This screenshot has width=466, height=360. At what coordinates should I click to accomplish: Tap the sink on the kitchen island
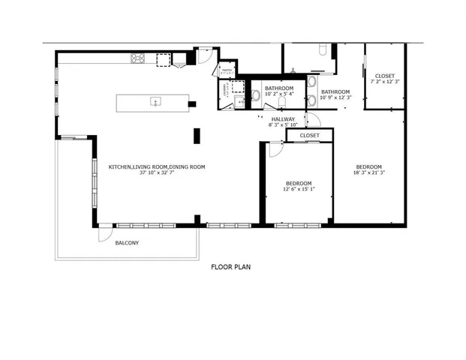[x=156, y=101]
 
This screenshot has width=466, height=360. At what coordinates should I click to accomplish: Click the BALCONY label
[x=127, y=243]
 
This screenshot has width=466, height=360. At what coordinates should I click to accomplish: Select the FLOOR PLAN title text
[x=231, y=266]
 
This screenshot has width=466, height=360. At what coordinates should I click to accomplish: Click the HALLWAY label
[x=283, y=118]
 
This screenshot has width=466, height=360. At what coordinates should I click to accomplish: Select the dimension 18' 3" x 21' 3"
[x=368, y=173]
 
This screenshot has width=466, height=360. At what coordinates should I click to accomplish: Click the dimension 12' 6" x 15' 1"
[x=299, y=189]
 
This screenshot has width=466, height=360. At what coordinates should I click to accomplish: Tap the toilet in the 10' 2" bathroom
[x=256, y=95]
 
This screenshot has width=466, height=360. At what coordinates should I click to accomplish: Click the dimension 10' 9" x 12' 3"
[x=335, y=97]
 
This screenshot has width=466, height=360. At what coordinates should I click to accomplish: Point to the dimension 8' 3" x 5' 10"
[x=283, y=124]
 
